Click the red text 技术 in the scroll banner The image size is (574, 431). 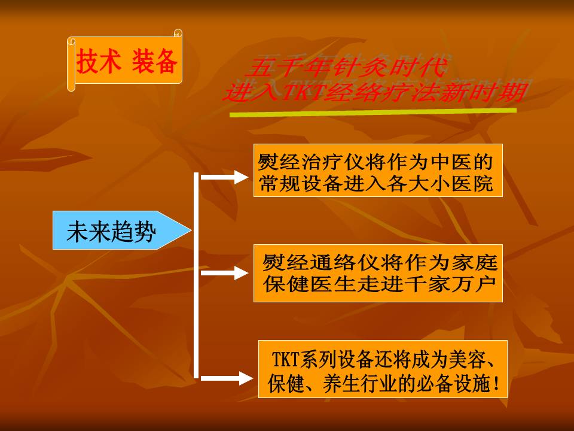coord(99,61)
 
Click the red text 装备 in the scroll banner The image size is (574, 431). coord(154,61)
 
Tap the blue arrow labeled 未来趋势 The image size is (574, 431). coord(122,230)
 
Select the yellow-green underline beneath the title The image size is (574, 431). coord(373,112)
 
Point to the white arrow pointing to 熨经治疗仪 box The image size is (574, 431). coord(225,177)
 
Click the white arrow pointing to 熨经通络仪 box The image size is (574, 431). coord(225,273)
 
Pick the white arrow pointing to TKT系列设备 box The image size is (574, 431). coord(227,378)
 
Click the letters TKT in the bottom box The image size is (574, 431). coord(286,359)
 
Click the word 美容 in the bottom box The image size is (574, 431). coord(465,359)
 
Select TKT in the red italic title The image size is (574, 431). coord(303,92)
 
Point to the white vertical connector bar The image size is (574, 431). coord(196,275)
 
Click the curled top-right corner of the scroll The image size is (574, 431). coord(178,33)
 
